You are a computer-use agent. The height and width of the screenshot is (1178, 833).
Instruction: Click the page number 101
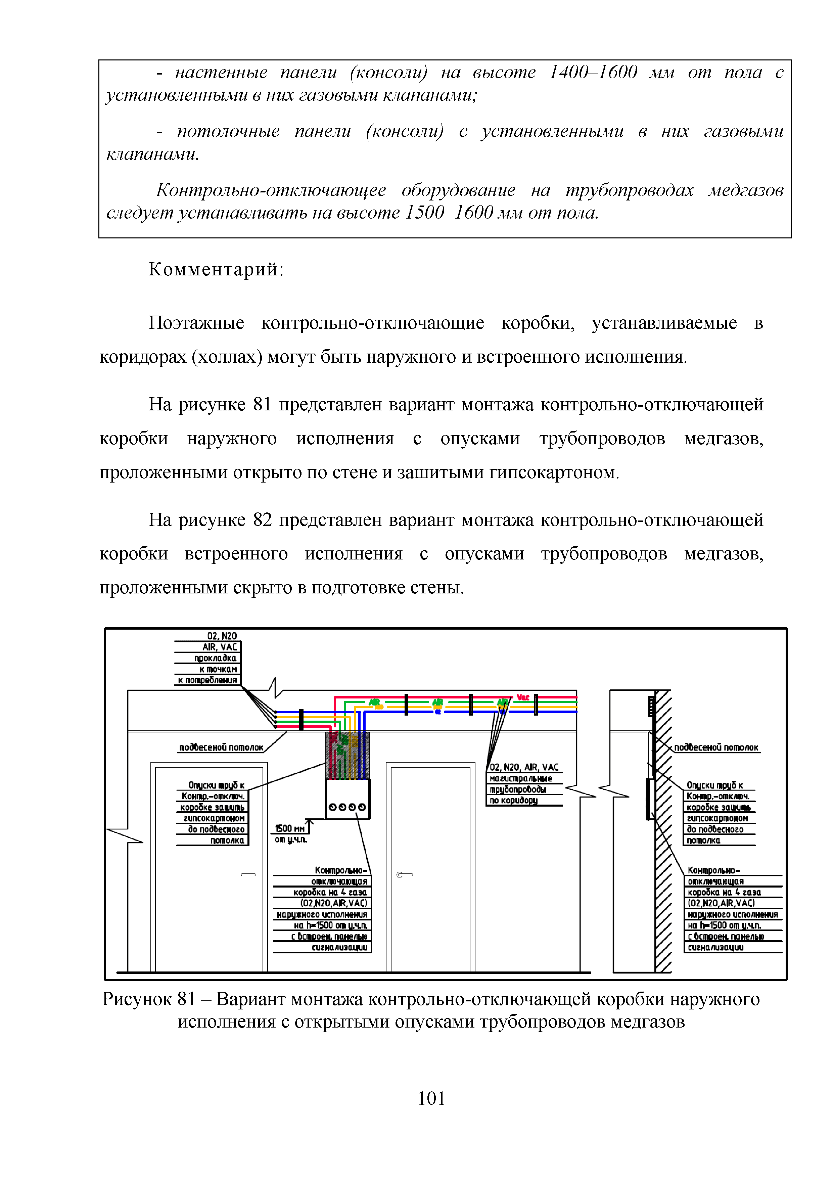431,1098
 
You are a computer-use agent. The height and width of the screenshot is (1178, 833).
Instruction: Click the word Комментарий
216,269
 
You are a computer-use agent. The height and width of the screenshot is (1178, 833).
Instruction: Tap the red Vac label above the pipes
523,697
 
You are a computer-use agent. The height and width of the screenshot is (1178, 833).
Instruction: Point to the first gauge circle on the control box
332,807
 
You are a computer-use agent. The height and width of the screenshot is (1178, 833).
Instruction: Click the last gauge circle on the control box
362,807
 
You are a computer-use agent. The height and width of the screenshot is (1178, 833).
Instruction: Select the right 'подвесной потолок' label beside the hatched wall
716,747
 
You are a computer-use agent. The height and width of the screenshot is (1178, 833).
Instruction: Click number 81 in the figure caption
186,999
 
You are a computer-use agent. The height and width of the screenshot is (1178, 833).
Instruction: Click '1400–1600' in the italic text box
593,72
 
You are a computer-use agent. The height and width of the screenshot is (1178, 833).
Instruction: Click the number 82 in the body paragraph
262,520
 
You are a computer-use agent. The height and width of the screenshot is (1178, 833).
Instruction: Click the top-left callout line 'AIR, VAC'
220,647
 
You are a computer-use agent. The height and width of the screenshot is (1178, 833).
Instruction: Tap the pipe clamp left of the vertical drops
301,719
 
